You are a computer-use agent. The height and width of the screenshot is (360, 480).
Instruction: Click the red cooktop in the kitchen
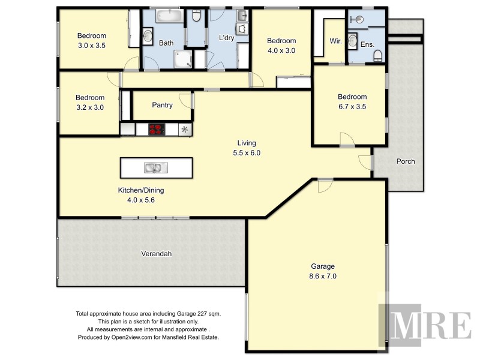157,129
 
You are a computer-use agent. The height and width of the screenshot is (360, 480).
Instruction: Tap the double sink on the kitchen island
152,167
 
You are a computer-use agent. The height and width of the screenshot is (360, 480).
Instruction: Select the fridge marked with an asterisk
185,129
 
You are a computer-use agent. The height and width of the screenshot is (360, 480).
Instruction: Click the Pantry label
162,106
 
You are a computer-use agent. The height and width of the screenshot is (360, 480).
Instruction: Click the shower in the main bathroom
181,58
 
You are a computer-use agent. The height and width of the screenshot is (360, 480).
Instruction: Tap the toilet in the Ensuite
377,56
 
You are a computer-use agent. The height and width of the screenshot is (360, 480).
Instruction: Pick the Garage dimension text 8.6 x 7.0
322,277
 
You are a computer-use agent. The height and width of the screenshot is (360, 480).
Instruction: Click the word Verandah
157,254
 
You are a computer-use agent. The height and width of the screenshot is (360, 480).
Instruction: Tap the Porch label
406,161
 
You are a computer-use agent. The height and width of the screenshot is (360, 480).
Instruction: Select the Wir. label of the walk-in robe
335,41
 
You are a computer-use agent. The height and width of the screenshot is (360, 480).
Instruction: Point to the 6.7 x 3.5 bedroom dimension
352,107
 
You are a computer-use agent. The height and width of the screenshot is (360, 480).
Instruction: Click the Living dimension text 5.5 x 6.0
247,152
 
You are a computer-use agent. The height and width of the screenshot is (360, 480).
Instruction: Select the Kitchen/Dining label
141,190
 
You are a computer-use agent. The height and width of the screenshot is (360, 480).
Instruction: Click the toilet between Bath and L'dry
196,20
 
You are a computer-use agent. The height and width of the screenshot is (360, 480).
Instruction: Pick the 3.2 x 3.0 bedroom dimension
90,107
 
